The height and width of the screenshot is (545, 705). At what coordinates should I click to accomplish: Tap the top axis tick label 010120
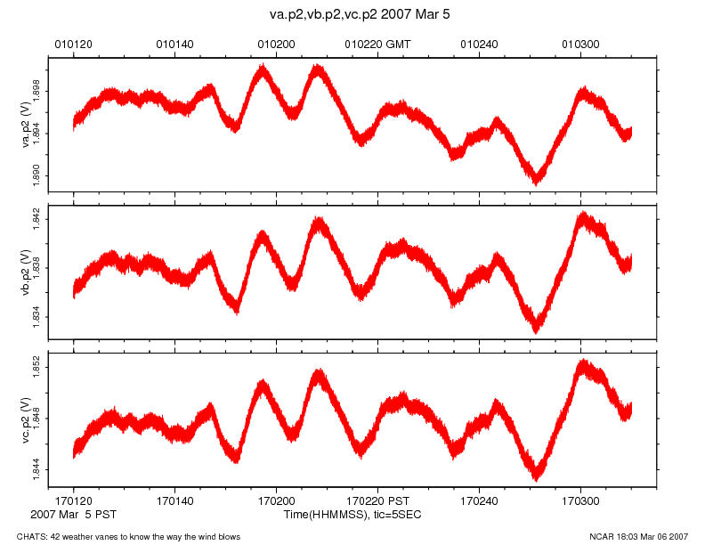click(x=73, y=43)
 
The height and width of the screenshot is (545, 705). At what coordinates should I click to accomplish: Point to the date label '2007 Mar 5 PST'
click(x=73, y=515)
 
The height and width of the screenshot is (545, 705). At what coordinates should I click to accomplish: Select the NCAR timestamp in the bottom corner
click(x=638, y=536)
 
